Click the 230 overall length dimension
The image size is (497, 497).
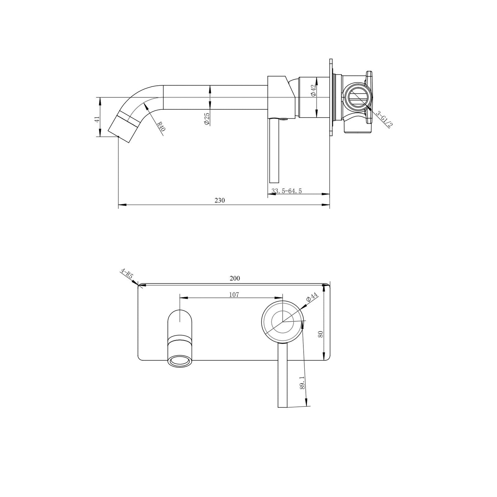click(219, 201)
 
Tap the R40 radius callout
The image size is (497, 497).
click(161, 127)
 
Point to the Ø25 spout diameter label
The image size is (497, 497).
click(206, 118)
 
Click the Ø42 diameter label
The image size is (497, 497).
click(313, 90)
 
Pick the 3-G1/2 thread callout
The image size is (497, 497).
click(383, 119)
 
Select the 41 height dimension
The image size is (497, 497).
click(97, 119)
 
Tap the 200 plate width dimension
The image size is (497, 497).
click(235, 278)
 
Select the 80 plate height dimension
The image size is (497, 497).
click(321, 334)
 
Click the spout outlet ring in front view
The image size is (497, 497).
click(180, 361)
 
